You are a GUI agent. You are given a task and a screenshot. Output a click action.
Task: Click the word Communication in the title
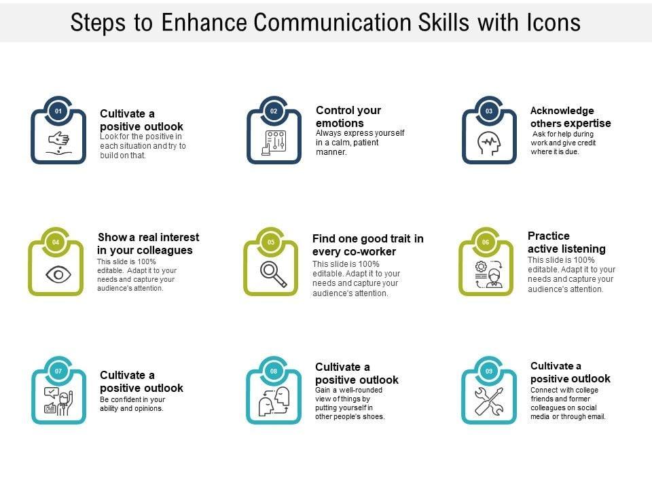tap(331, 22)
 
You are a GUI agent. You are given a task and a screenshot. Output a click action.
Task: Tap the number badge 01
tap(58, 111)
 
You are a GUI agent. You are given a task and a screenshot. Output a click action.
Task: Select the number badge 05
tap(271, 242)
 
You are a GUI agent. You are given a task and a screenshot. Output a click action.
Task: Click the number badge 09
tap(488, 371)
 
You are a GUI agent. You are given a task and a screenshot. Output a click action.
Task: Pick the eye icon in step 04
tap(58, 274)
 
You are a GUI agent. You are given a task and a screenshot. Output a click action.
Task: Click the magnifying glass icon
tap(273, 274)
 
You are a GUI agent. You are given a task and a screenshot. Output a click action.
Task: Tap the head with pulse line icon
tap(490, 143)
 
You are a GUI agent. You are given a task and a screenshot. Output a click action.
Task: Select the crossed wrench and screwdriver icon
tap(489, 401)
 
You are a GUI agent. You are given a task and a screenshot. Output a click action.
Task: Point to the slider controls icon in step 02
tap(274, 143)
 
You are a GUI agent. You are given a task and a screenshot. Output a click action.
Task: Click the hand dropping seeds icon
tap(58, 143)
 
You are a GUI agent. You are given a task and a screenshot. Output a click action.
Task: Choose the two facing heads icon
tap(274, 401)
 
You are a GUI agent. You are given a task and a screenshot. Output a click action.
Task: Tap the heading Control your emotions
tap(348, 117)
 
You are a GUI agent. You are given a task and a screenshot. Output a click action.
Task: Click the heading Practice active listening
tap(566, 242)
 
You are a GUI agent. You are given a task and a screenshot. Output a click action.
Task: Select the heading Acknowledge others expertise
tap(570, 117)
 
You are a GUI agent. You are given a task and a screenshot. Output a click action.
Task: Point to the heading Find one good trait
tap(367, 238)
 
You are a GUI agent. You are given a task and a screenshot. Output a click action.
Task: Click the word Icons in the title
tap(554, 22)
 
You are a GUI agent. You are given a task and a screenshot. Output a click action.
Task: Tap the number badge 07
tap(58, 371)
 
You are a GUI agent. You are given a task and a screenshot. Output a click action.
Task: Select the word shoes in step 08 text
tap(374, 416)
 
